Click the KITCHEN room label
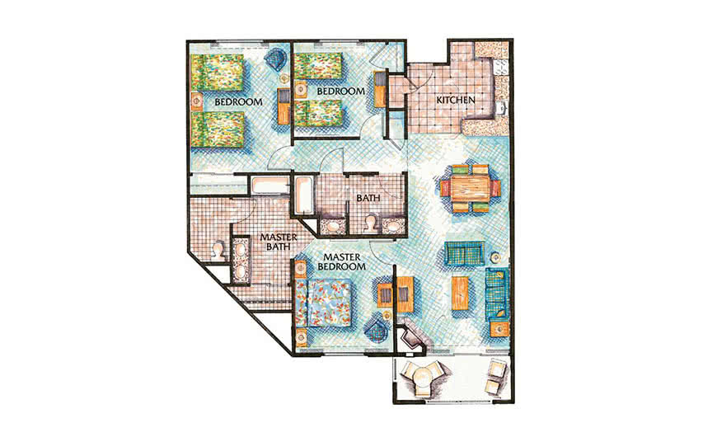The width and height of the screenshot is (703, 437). [456, 101]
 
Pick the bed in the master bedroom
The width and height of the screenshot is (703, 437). [325, 303]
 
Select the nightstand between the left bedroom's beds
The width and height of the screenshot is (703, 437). [197, 101]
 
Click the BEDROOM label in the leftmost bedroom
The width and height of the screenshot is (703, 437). [238, 102]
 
